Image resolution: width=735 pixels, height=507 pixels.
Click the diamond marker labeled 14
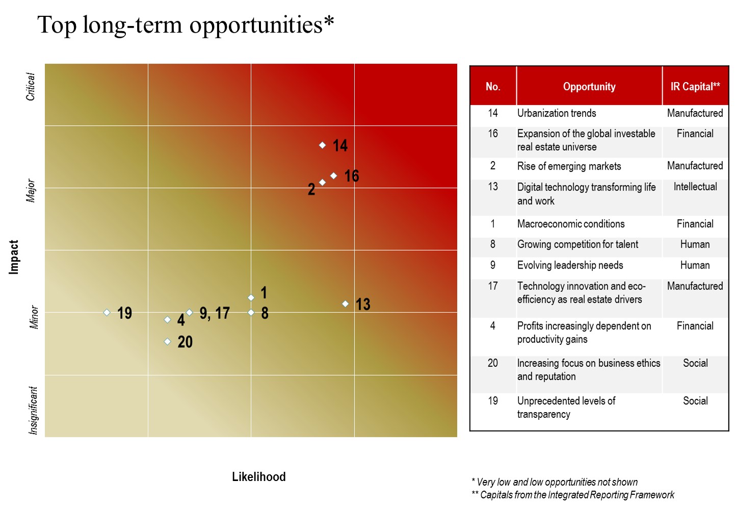pyautogui.click(x=322, y=145)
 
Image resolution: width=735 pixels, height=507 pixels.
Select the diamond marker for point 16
pyautogui.click(x=333, y=176)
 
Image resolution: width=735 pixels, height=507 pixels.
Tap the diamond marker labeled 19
pyautogui.click(x=107, y=312)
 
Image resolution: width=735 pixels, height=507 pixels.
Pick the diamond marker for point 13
pyautogui.click(x=345, y=304)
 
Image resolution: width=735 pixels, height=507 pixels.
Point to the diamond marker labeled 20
pyautogui.click(x=167, y=341)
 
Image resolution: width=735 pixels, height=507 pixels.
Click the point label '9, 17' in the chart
pyautogui.click(x=215, y=313)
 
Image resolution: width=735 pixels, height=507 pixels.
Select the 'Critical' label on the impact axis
pyautogui.click(x=31, y=87)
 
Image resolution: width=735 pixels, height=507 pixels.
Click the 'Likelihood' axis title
pyautogui.click(x=258, y=477)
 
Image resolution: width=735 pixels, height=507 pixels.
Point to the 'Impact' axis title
pyautogui.click(x=14, y=257)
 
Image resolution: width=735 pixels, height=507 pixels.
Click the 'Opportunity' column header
pyautogui.click(x=589, y=87)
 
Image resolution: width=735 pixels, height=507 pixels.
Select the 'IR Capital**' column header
pyautogui.click(x=695, y=87)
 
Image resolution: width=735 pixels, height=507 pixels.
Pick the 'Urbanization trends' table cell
pyautogui.click(x=557, y=113)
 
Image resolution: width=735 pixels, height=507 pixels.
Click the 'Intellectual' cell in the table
pyautogui.click(x=695, y=187)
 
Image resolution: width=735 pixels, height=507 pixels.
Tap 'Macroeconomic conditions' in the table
pyautogui.click(x=571, y=224)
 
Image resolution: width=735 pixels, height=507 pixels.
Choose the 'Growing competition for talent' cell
pyautogui.click(x=577, y=245)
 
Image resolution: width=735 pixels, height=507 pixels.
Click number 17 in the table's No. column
pyautogui.click(x=493, y=286)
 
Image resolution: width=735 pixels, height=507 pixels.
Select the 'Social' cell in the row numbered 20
pyautogui.click(x=695, y=363)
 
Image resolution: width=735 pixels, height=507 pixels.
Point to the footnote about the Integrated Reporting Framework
pyautogui.click(x=572, y=495)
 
